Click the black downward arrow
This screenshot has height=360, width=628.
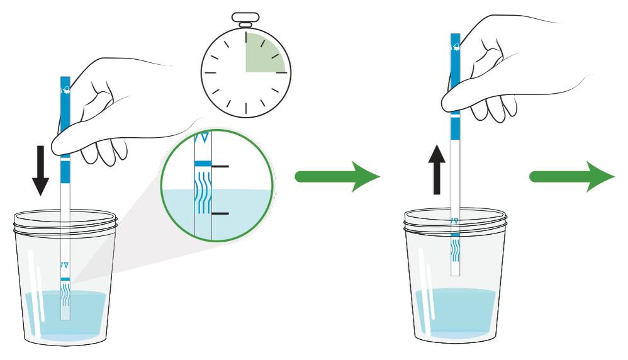coord(40,170)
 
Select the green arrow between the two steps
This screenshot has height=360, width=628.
coord(337,178)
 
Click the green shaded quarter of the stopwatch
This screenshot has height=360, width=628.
coord(262,53)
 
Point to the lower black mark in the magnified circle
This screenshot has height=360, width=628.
coord(220,214)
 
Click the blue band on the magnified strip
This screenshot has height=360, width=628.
coord(203,164)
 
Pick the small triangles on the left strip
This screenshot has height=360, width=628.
coord(64,265)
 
